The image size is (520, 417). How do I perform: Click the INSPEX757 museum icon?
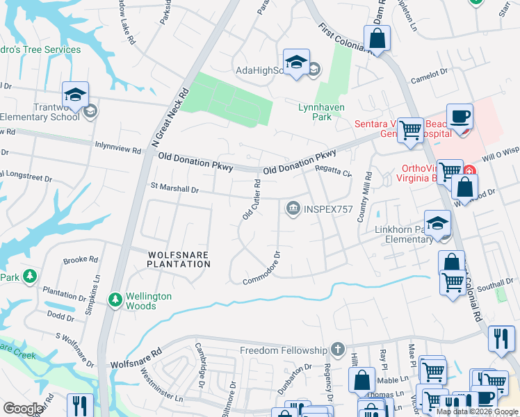coord(293,208)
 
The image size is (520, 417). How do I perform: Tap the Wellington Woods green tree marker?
coord(115,300)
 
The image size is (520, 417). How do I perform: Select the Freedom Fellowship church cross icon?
coord(337,349)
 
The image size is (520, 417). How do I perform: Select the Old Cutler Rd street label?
coord(252,200)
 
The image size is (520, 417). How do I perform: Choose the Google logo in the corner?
coord(23,408)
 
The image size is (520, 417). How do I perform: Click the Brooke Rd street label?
coord(80,260)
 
